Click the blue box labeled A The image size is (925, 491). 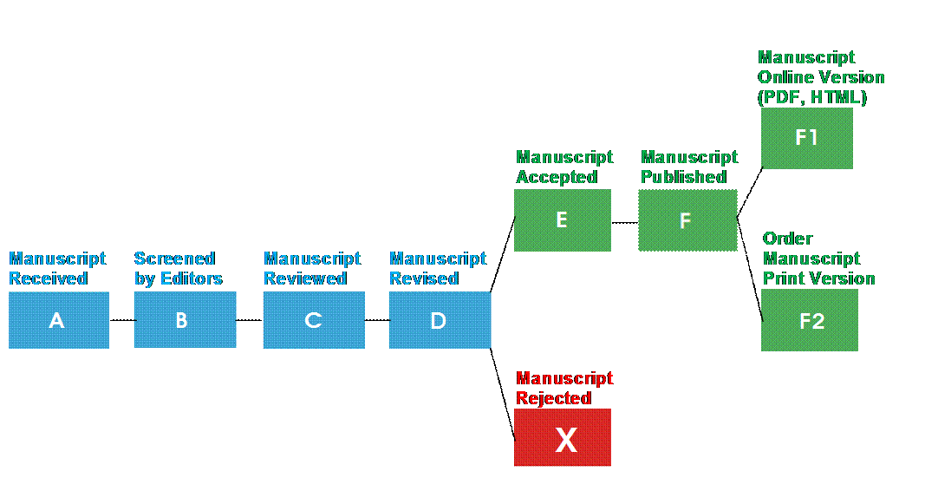pos(58,320)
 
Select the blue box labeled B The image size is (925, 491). pos(185,320)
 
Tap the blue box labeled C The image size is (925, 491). pos(314,320)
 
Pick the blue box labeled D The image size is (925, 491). pos(440,320)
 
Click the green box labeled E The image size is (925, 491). pos(562,220)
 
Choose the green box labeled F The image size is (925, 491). pos(687,220)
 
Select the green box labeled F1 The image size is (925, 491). pos(807,138)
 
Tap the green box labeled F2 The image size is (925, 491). pos(810,320)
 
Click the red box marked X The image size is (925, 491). pos(563,438)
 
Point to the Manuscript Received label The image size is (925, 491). pos(57,269)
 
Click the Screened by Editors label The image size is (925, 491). pos(178,269)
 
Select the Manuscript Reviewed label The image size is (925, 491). pos(312,269)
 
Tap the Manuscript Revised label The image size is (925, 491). pos(438,269)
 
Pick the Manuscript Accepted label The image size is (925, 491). pos(564,167)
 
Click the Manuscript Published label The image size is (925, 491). pos(689,167)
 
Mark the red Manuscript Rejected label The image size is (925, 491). pos(564,389)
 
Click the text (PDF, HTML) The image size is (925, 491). pos(812,97)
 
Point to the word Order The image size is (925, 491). pos(787,239)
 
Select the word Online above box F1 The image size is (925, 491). pos(785,77)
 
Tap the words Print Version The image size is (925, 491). pos(819,278)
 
